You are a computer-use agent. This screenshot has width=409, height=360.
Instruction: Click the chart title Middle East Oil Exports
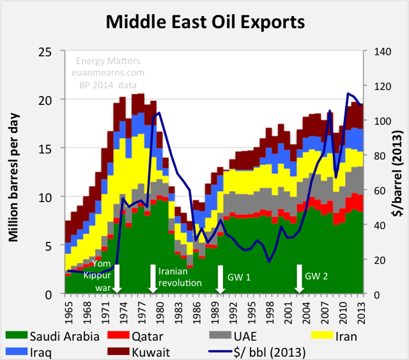pyautogui.click(x=204, y=22)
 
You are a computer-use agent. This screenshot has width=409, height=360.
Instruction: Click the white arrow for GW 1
pyautogui.click(x=220, y=281)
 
